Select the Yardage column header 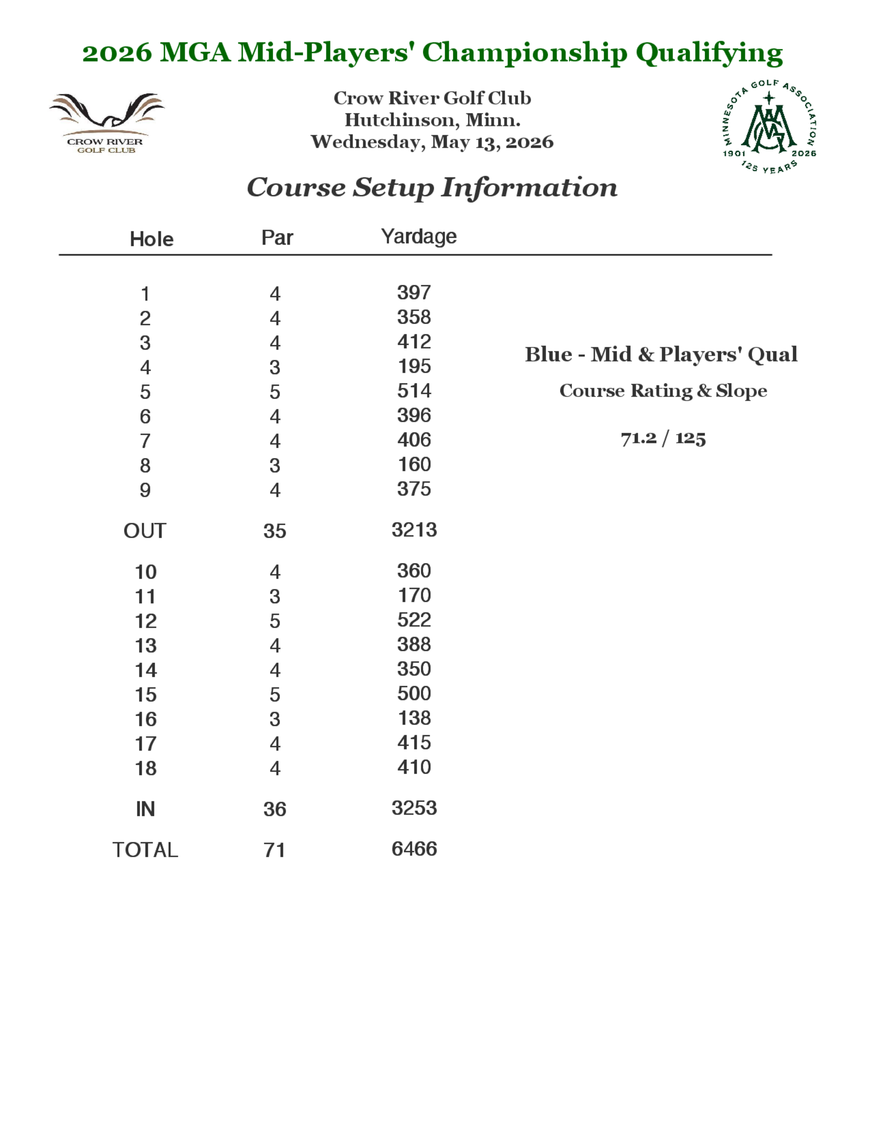pos(418,236)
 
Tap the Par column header pos(277,237)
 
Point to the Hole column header pos(151,239)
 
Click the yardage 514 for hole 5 pos(414,390)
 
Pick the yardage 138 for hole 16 pos(414,718)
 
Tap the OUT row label pos(145,531)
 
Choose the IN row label pos(145,809)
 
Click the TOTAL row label pos(145,850)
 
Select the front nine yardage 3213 pos(414,529)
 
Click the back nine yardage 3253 pos(414,808)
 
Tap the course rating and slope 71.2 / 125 pos(663,438)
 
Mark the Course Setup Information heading pos(432,187)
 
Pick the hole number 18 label pos(145,768)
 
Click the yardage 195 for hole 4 pos(414,366)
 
